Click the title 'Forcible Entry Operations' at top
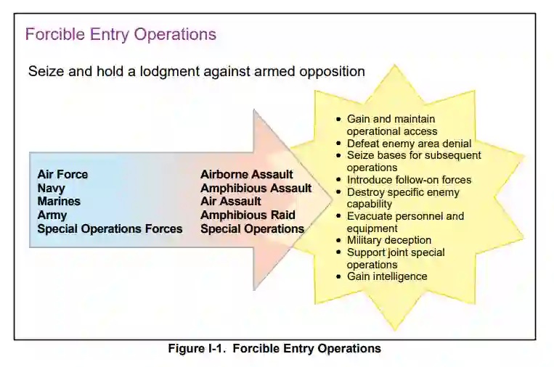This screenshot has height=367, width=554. [121, 34]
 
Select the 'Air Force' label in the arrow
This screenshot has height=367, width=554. [62, 174]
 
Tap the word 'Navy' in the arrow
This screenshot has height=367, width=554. [51, 188]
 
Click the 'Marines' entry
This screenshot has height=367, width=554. [59, 201]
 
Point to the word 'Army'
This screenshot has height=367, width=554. [52, 215]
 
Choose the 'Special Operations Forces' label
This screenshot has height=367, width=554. [110, 228]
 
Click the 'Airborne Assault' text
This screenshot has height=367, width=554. [247, 174]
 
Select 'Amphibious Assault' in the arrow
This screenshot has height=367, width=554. [256, 188]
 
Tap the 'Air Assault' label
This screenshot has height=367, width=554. [230, 201]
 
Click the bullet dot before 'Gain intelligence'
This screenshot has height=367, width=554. [339, 277]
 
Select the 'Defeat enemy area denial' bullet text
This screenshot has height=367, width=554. [409, 144]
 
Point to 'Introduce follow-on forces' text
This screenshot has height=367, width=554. [409, 180]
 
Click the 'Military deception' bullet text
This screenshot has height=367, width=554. [389, 240]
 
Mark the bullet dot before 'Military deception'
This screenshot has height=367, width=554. [339, 241]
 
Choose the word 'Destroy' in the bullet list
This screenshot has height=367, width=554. [365, 192]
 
